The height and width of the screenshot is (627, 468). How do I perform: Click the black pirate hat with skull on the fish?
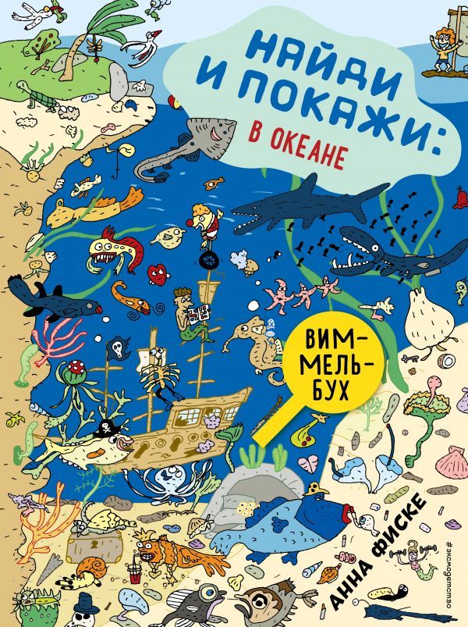[104, 429]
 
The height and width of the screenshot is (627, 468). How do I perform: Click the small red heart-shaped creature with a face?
[158, 274]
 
